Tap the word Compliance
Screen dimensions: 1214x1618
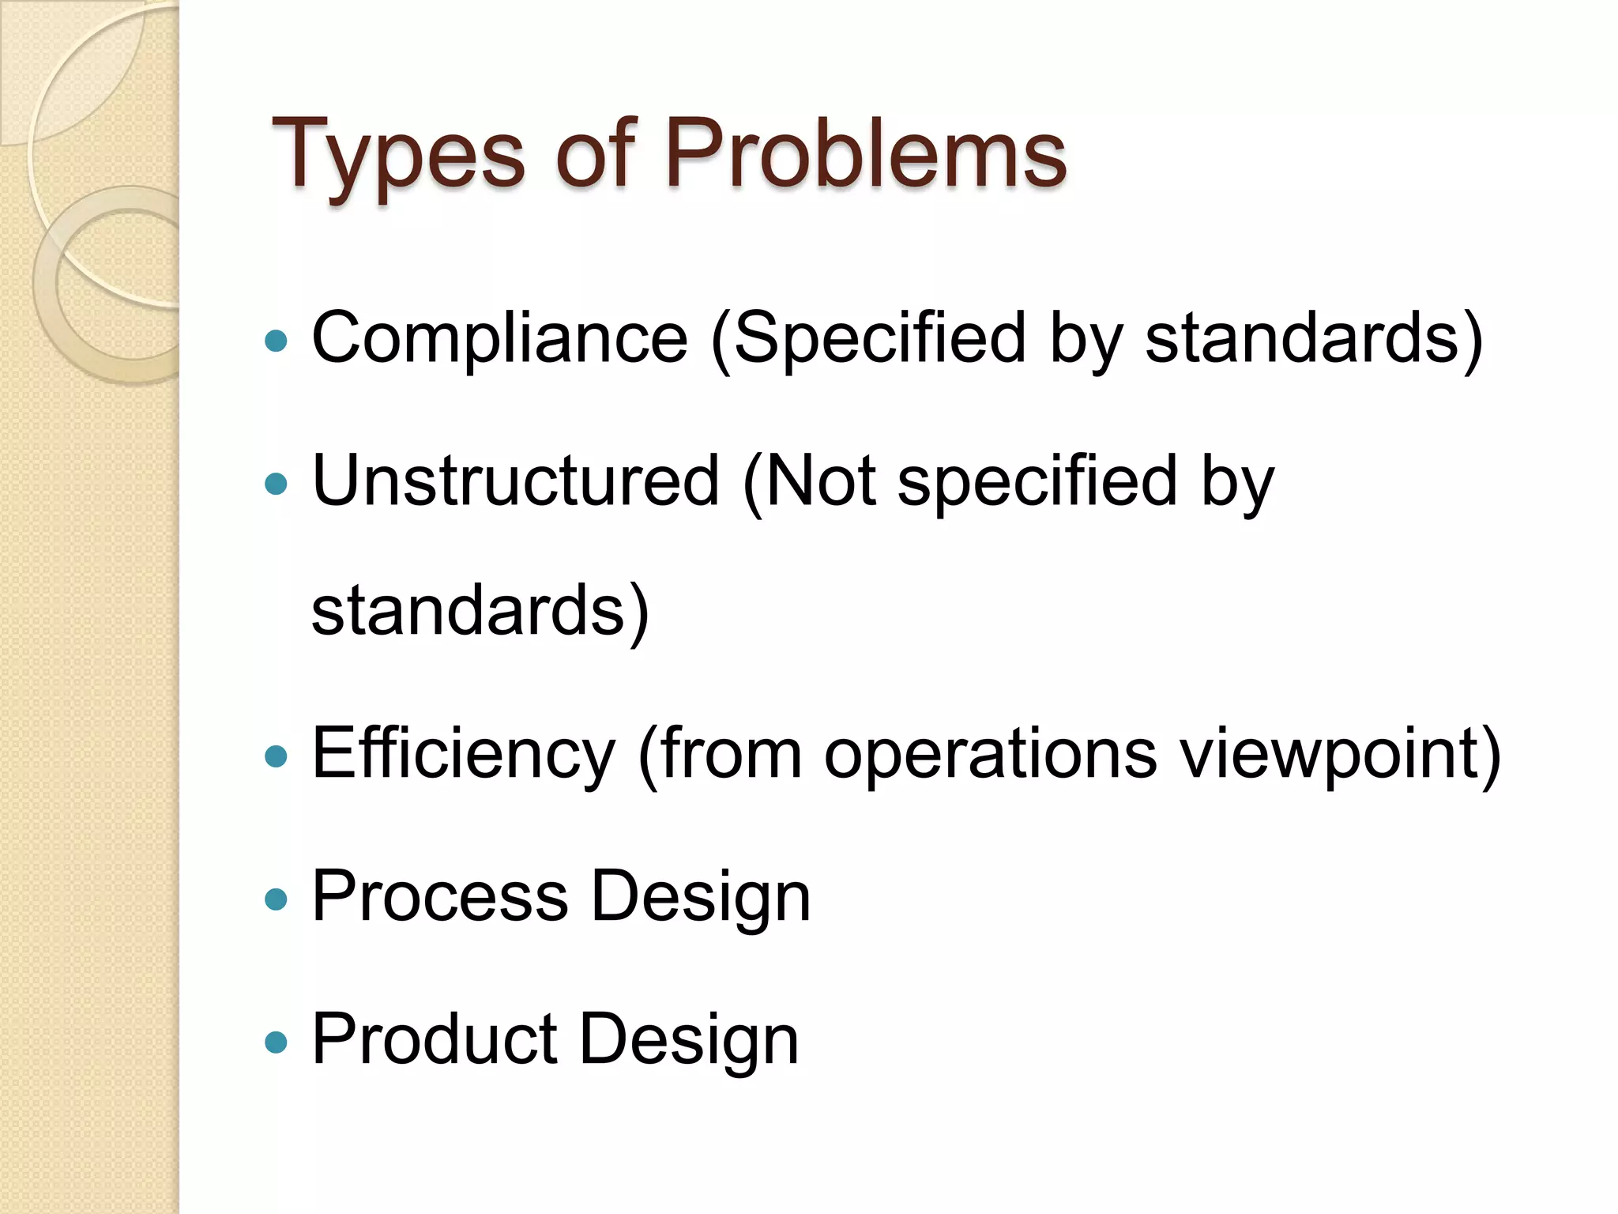pos(500,338)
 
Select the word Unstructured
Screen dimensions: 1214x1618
pos(516,481)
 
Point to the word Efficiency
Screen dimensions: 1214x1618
pos(464,755)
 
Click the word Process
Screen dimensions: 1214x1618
pos(440,896)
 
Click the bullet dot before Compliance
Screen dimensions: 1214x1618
pos(276,341)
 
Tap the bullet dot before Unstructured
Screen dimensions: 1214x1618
pos(276,484)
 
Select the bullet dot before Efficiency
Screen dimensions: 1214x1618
pos(276,757)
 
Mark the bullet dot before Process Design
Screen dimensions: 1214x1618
pos(276,899)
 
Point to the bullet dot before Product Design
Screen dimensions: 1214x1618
pos(276,1042)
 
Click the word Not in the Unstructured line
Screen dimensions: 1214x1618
pos(820,481)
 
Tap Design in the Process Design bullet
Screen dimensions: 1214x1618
pos(701,898)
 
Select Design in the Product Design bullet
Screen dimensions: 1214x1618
pos(689,1041)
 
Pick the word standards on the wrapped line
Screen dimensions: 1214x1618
pos(469,611)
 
